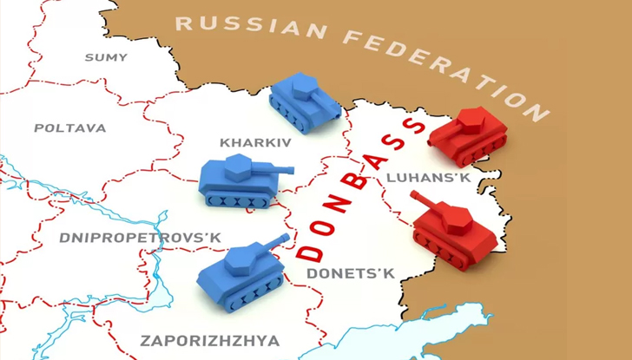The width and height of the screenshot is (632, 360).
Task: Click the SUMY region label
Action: [x=105, y=57]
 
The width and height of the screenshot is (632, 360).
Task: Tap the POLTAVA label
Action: [x=70, y=128]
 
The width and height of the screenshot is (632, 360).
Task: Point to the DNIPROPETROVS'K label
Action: [x=141, y=237]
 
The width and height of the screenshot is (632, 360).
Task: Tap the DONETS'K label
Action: [x=352, y=274]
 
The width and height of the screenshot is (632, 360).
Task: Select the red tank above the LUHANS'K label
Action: [x=470, y=135]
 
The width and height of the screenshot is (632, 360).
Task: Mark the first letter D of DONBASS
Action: [x=308, y=254]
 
